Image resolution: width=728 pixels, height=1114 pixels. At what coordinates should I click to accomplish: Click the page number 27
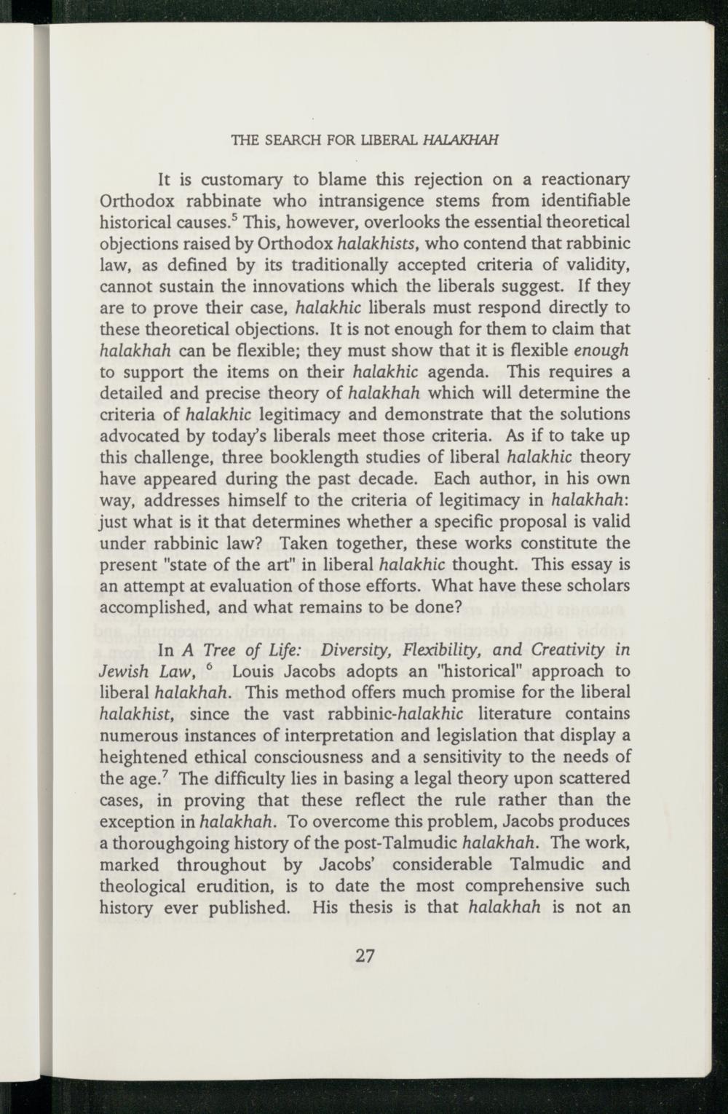coord(365,957)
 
